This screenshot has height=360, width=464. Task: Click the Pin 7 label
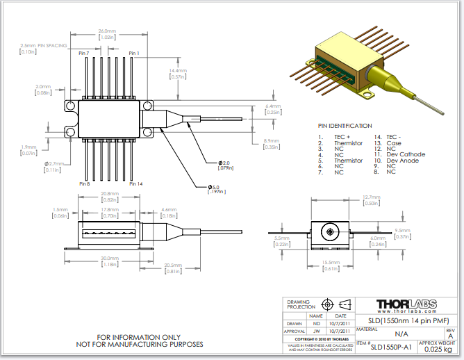pyautogui.click(x=84, y=53)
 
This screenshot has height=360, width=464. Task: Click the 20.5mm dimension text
pyautogui.click(x=174, y=265)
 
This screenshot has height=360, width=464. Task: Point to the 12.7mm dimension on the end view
pyautogui.click(x=371, y=197)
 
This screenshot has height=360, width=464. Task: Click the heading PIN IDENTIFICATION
pyautogui.click(x=345, y=126)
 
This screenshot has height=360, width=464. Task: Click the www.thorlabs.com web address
pyautogui.click(x=410, y=312)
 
